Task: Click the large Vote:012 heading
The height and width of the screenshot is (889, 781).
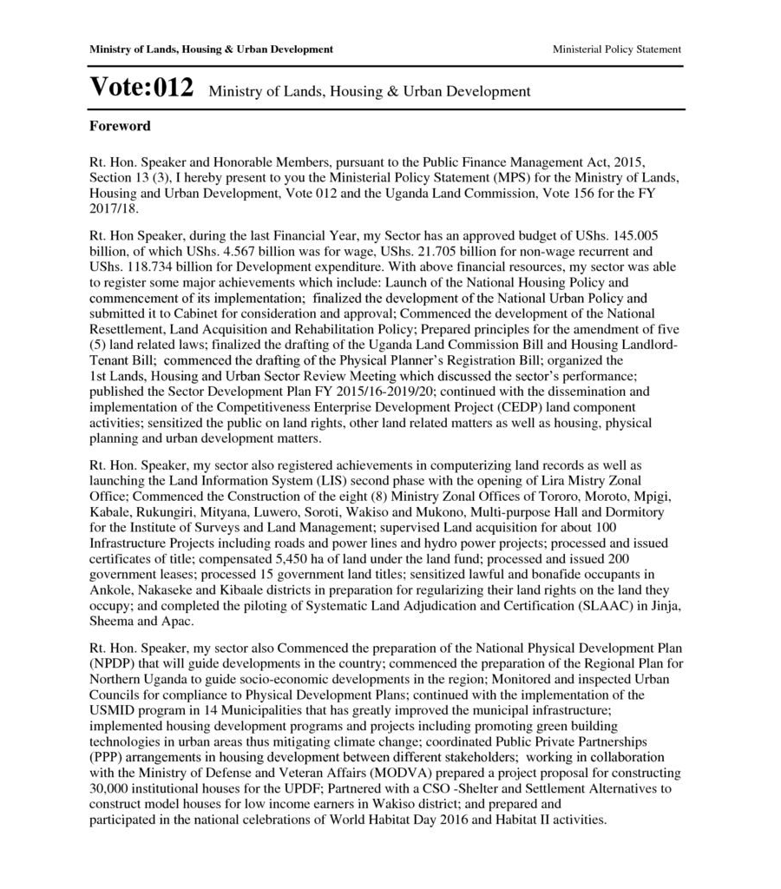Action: pos(141,88)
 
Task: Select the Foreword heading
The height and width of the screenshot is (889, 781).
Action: pos(120,126)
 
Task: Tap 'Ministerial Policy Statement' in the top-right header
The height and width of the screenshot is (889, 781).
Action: pos(616,49)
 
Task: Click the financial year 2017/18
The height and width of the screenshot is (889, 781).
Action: pos(114,209)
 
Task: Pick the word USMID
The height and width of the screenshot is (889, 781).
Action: pos(110,711)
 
